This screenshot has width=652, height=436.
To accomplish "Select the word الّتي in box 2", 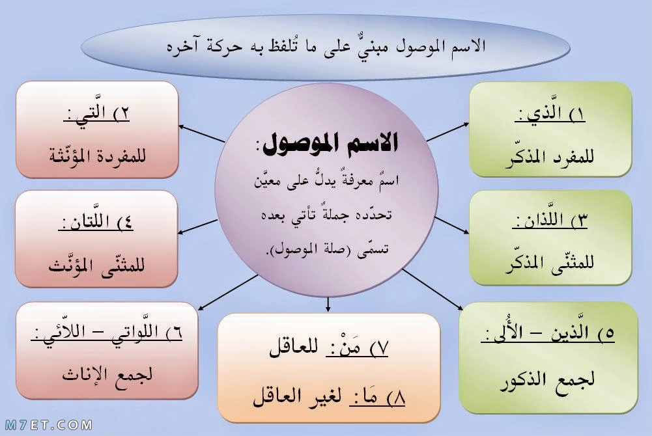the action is click(90, 111).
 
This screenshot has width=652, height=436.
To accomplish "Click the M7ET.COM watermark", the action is click(49, 425).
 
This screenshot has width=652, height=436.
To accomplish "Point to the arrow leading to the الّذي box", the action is click(448, 132).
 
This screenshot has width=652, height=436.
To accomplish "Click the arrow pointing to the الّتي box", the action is click(202, 133).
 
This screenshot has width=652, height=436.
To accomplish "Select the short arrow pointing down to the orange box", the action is click(328, 305).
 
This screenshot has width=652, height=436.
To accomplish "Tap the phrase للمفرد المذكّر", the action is click(549, 157).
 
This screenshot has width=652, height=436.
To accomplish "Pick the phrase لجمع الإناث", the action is click(107, 375).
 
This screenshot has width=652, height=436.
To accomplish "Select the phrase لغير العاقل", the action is click(297, 396).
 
